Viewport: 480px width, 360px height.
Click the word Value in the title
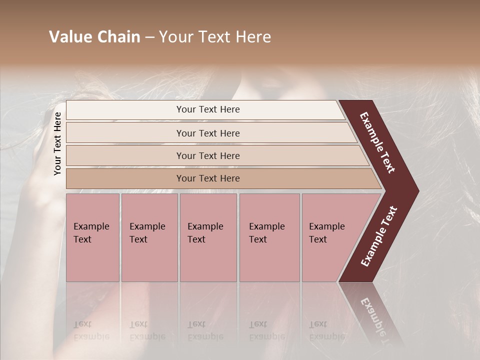(x=69, y=37)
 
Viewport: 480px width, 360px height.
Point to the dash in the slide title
(x=149, y=37)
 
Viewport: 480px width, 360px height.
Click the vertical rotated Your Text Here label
(x=57, y=143)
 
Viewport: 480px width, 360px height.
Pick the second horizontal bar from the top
(x=207, y=133)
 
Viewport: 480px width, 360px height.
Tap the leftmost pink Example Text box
(x=92, y=237)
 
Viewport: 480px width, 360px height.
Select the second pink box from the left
(x=149, y=237)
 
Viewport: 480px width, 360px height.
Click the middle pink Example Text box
(x=208, y=237)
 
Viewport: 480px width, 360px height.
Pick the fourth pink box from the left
(x=269, y=237)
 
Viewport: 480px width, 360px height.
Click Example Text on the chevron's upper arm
(x=377, y=142)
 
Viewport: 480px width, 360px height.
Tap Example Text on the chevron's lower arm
(x=379, y=236)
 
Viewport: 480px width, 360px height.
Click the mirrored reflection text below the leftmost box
(x=91, y=330)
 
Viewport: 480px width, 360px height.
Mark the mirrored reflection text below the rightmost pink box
(x=326, y=330)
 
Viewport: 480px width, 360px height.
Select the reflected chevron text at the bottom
(x=378, y=320)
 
